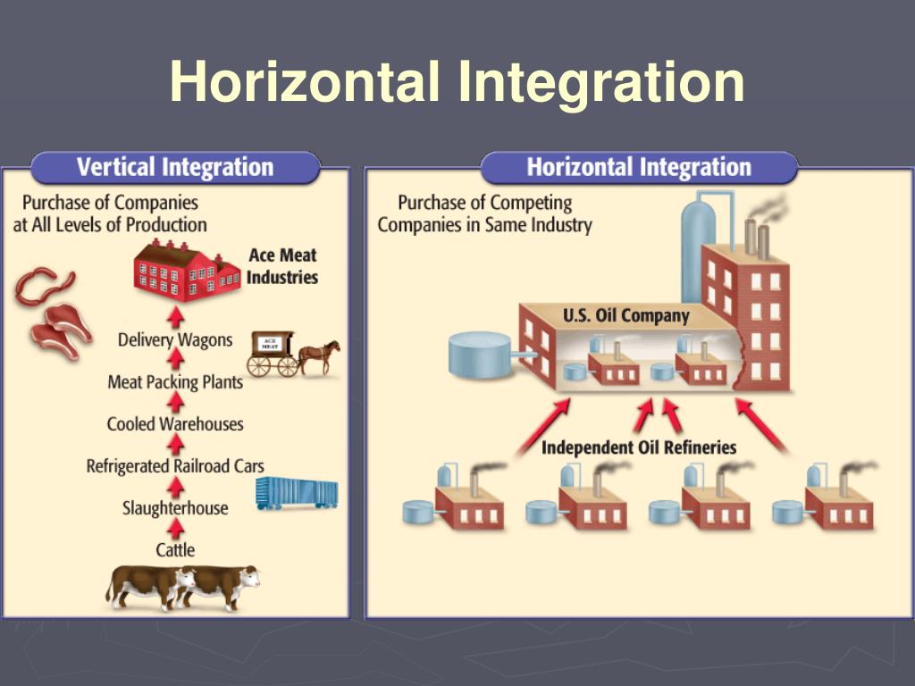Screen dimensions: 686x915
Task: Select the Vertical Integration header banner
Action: (175, 167)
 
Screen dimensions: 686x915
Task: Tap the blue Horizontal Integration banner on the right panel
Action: (638, 167)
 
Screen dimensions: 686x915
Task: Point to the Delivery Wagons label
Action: (175, 339)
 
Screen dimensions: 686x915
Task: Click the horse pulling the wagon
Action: (320, 354)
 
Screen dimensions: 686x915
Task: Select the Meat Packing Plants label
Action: (175, 382)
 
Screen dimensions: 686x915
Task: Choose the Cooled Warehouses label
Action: (175, 423)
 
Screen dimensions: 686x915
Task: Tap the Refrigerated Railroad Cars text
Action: (175, 466)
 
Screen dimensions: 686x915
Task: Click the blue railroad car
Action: (297, 492)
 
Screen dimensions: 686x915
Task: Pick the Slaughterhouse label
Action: (175, 508)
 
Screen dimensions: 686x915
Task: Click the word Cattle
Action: (175, 549)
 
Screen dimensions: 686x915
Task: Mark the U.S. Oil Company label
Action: (626, 315)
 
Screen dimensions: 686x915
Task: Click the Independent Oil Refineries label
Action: (638, 447)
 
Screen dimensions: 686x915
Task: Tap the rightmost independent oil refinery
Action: (826, 502)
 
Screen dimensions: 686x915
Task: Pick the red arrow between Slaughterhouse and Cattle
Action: (176, 530)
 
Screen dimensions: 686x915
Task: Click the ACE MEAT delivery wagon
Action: (273, 353)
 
